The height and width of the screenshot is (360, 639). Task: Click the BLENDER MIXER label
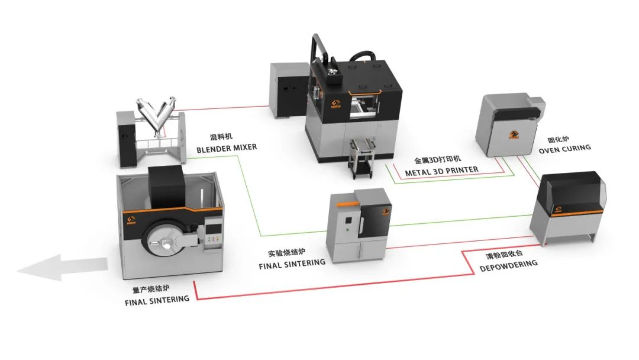coord(227,148)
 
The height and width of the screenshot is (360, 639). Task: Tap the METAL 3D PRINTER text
coord(442,171)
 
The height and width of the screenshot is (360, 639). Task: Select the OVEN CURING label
coord(564,149)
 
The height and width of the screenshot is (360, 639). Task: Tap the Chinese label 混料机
coord(221,137)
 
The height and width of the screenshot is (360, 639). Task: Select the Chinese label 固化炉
coord(558,139)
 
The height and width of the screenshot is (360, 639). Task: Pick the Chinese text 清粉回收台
coord(504,255)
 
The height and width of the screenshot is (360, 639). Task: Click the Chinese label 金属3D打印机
coord(438,159)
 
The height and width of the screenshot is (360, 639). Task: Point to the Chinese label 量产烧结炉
coord(151,289)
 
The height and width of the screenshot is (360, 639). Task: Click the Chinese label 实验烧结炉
coord(286,252)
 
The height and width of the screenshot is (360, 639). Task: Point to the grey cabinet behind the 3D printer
coord(288,90)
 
